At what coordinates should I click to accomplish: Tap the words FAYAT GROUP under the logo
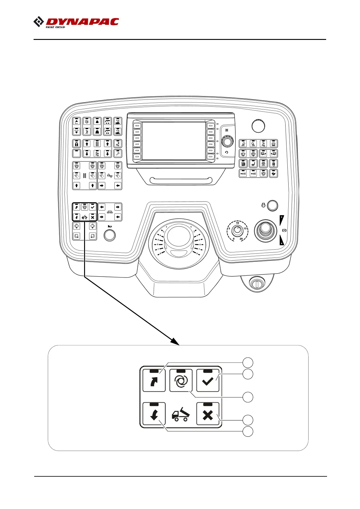pyautogui.click(x=55, y=27)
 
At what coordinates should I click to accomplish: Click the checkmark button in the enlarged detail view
pyautogui.click(x=208, y=381)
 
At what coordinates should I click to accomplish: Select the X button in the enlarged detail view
pyautogui.click(x=208, y=415)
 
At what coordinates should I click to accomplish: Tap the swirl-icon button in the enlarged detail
pyautogui.click(x=181, y=381)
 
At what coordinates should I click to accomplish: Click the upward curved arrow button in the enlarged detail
pyautogui.click(x=154, y=381)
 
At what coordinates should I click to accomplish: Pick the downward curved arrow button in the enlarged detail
pyautogui.click(x=154, y=415)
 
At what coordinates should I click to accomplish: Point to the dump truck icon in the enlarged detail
pyautogui.click(x=181, y=415)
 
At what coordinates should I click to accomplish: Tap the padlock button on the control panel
pyautogui.click(x=77, y=144)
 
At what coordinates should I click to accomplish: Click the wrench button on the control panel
pyautogui.click(x=118, y=154)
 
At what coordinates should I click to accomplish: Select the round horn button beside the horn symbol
pyautogui.click(x=110, y=235)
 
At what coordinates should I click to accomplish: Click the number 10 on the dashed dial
pyautogui.click(x=237, y=223)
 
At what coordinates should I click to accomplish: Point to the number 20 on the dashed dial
pyautogui.click(x=241, y=239)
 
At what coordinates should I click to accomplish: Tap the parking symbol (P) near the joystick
pyautogui.click(x=284, y=230)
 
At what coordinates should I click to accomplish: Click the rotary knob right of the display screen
pyautogui.click(x=227, y=141)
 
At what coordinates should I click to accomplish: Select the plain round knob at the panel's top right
pyautogui.click(x=258, y=126)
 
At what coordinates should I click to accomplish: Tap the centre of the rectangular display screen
pyautogui.click(x=174, y=141)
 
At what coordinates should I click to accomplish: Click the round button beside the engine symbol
pyautogui.click(x=273, y=205)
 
